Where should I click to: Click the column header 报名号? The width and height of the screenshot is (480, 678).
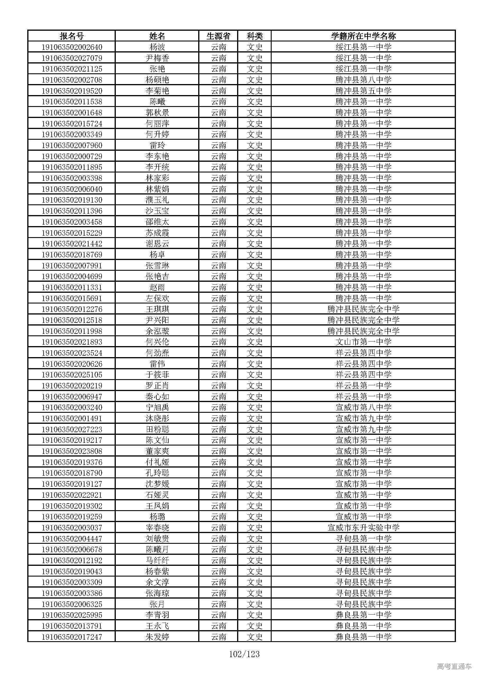pos(71,36)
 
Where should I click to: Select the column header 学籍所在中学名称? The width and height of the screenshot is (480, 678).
pos(363,36)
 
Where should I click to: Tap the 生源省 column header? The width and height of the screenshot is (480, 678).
pos(219,36)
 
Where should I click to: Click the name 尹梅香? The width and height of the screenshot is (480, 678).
pos(157,58)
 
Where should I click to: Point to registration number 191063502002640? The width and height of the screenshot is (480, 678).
pos(72,47)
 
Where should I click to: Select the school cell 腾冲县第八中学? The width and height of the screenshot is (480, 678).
pos(363,80)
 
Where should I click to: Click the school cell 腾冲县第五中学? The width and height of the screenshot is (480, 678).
pos(363,91)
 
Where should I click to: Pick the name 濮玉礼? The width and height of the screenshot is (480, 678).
pos(157,200)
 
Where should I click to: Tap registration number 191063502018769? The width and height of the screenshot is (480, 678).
pos(72,255)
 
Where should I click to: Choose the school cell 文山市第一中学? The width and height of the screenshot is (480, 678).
pos(363,342)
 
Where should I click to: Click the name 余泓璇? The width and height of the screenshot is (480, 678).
pos(157,331)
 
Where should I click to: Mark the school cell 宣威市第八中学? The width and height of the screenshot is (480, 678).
pos(363,408)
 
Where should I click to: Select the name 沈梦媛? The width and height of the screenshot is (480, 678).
pos(157,484)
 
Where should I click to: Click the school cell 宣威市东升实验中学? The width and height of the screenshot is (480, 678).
pos(363,528)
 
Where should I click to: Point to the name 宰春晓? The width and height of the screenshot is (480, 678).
pos(157,528)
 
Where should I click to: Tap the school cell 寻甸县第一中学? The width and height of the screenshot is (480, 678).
pos(363,539)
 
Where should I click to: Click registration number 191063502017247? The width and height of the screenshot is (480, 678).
pos(72,637)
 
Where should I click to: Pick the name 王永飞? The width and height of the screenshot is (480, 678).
pos(157,626)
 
